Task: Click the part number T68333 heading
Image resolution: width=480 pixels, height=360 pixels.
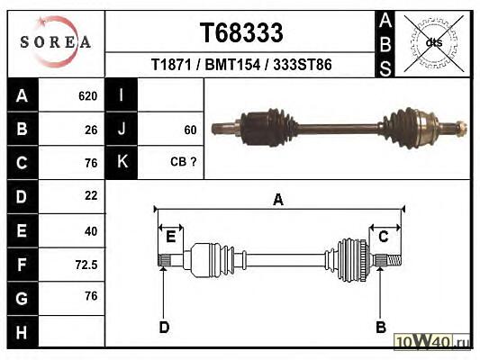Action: coord(241,32)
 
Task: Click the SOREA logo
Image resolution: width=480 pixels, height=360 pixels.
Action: coord(56,42)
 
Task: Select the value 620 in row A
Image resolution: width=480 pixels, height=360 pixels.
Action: coord(88,96)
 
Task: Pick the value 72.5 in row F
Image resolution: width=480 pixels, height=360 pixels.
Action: coord(86,265)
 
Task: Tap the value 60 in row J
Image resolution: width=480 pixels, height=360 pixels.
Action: coord(190,130)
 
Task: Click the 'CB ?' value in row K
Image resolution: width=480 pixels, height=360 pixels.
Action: coord(183,162)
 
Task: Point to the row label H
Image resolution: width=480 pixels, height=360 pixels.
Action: coord(22,332)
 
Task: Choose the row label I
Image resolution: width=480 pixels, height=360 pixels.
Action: coord(122,95)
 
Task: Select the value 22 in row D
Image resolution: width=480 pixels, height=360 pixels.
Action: coord(91,195)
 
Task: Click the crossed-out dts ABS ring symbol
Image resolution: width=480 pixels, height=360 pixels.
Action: coord(434,43)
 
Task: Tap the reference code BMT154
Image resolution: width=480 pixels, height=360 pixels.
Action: coord(232,65)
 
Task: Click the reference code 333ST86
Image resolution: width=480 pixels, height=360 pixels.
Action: coord(303,65)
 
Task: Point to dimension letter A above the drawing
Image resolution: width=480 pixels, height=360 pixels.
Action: coord(278,200)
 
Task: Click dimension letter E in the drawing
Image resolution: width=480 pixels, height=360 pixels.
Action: coord(170,237)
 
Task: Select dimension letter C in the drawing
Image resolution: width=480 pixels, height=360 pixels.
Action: coord(384,237)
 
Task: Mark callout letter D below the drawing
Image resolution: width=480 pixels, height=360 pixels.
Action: coord(164,328)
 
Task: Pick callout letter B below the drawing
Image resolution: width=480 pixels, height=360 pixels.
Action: coord(381,328)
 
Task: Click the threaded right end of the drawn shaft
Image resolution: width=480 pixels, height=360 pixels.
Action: coord(394,261)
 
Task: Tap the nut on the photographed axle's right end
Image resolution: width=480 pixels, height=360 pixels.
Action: coord(461,128)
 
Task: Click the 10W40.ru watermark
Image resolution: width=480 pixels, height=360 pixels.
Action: coord(432,341)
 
